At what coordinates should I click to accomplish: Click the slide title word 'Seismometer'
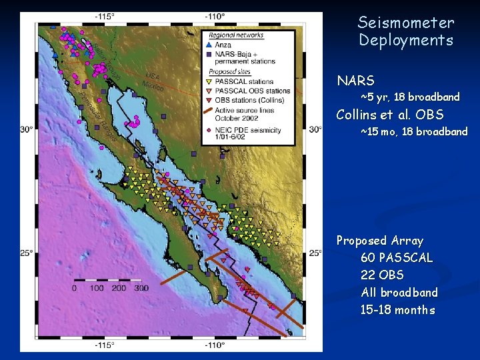pos(405,23)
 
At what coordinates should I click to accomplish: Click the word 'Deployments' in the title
pos(405,41)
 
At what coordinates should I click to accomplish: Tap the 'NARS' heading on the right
pos(355,81)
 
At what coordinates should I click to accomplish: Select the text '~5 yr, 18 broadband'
pos(410,97)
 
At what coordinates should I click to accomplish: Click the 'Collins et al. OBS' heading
pos(390,115)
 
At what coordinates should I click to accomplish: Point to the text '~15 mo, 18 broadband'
pos(414,132)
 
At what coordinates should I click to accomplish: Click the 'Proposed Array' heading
pos(379,240)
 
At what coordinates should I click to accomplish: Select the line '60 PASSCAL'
pos(397,257)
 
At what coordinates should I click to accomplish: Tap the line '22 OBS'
pos(382,275)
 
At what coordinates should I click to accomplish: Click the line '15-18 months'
pos(397,309)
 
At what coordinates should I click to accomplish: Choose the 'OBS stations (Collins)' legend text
pos(253,100)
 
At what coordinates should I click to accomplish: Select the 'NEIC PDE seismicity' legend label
pos(250,130)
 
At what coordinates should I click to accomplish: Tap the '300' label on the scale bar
pos(141,288)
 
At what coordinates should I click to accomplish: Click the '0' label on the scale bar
pos(74,288)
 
